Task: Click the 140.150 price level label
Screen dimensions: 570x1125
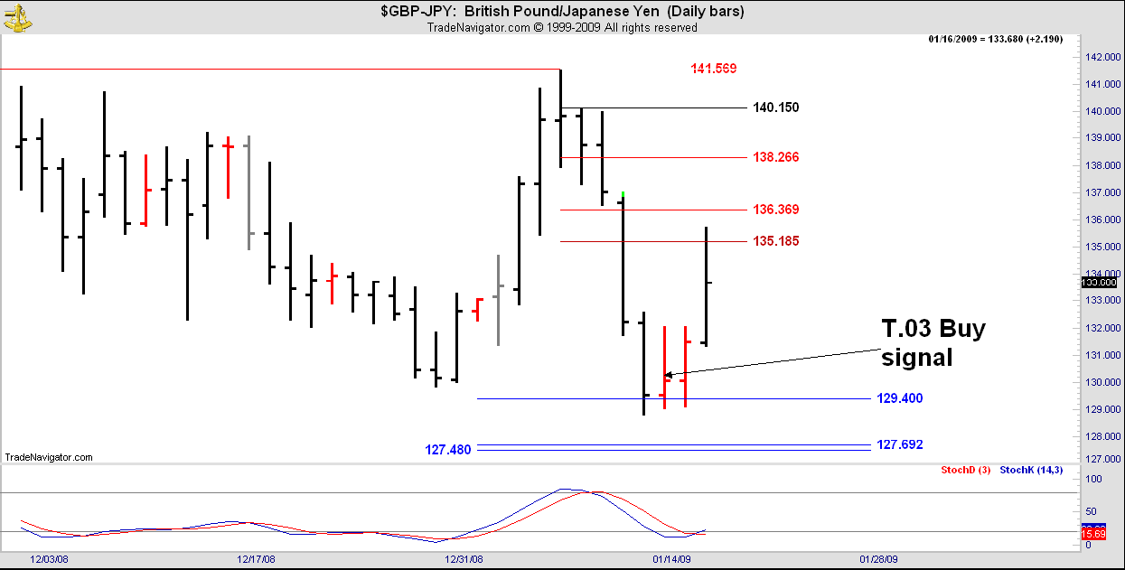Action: (775, 108)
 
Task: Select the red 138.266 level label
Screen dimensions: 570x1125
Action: (775, 157)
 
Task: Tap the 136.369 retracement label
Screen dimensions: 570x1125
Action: (775, 210)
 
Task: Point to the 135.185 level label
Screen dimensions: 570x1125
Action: (775, 241)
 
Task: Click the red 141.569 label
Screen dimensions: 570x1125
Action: (714, 69)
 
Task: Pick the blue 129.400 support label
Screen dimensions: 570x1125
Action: (899, 398)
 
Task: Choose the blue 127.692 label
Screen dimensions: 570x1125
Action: (899, 444)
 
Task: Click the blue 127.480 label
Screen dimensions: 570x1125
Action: (448, 450)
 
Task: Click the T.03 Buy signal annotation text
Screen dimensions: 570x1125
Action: (933, 342)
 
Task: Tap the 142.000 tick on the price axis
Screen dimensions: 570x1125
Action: (1099, 57)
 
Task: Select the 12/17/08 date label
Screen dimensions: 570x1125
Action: (256, 560)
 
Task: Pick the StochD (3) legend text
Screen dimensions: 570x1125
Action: (966, 470)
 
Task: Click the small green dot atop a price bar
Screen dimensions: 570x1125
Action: (623, 193)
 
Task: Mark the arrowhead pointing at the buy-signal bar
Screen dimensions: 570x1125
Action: (669, 373)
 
